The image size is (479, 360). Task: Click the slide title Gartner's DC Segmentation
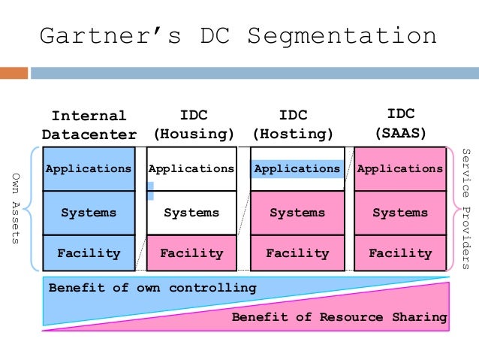pyautogui.click(x=237, y=35)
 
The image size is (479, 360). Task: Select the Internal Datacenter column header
pyautogui.click(x=89, y=126)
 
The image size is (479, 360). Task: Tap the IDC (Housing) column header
pyautogui.click(x=194, y=126)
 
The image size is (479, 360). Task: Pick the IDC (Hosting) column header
pyautogui.click(x=293, y=126)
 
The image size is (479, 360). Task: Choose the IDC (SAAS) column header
pyautogui.click(x=401, y=124)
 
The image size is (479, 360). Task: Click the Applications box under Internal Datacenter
pyautogui.click(x=89, y=168)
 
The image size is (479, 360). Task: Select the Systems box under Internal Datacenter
pyautogui.click(x=89, y=213)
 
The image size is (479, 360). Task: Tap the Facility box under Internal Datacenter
pyautogui.click(x=89, y=253)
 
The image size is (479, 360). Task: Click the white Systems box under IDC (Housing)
pyautogui.click(x=191, y=213)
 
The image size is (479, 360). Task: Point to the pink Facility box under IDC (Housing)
pyautogui.click(x=191, y=253)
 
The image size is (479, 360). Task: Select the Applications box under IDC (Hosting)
pyautogui.click(x=297, y=168)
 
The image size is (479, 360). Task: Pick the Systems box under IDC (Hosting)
pyautogui.click(x=297, y=213)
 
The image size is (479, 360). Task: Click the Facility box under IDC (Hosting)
pyautogui.click(x=297, y=253)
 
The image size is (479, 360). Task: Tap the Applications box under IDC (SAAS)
pyautogui.click(x=400, y=168)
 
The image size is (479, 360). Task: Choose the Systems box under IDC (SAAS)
pyautogui.click(x=400, y=213)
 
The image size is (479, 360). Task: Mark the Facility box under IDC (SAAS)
pyautogui.click(x=400, y=253)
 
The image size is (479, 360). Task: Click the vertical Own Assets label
pyautogui.click(x=16, y=208)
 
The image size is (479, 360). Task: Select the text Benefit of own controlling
pyautogui.click(x=152, y=288)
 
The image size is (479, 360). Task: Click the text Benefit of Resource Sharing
pyautogui.click(x=339, y=317)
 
